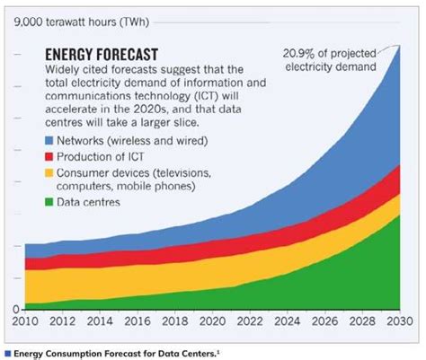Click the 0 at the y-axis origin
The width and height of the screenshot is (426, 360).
pyautogui.click(x=15, y=309)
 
